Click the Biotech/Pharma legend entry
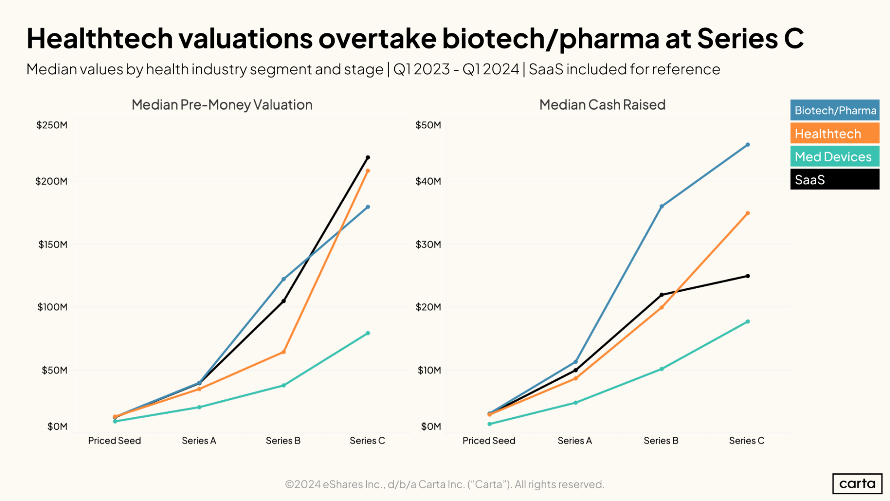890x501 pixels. [x=835, y=110]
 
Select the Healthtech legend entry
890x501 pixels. [x=835, y=134]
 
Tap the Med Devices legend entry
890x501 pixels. [x=835, y=157]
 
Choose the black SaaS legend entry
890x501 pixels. [x=835, y=179]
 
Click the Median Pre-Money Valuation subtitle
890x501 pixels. [x=222, y=105]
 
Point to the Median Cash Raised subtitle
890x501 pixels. [x=602, y=105]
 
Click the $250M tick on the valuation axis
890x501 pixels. [x=52, y=125]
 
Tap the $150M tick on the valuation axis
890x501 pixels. [x=53, y=244]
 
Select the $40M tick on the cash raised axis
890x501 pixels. [x=428, y=181]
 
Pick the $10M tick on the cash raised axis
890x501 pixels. [x=429, y=370]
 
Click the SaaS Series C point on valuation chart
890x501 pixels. [x=368, y=158]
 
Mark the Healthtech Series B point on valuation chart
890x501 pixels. [x=284, y=352]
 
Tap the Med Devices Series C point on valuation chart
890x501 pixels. [x=368, y=333]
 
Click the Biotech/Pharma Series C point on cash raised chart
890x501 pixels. [x=748, y=145]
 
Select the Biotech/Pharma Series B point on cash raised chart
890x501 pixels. [x=662, y=207]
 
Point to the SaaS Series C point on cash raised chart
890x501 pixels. [x=748, y=276]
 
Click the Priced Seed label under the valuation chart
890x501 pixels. [x=114, y=440]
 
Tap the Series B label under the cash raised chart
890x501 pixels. [x=661, y=440]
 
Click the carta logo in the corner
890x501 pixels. [x=857, y=484]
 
